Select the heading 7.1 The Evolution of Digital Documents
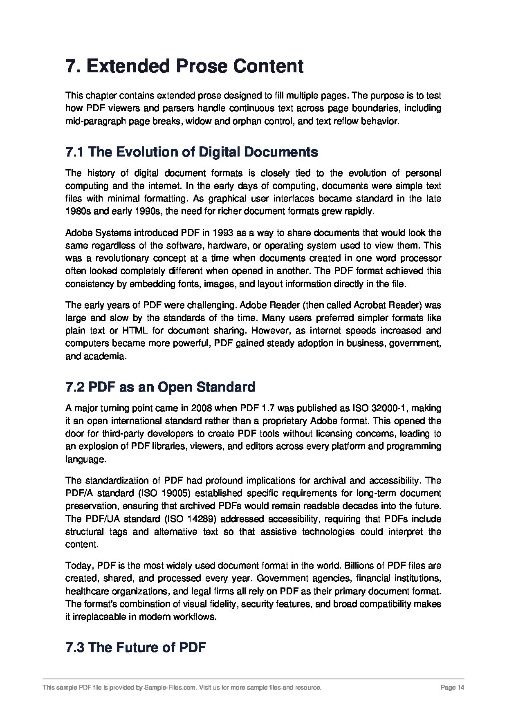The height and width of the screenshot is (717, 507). (x=191, y=152)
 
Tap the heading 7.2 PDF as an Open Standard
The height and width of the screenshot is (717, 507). (x=160, y=387)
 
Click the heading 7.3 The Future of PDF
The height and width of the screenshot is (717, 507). (x=135, y=648)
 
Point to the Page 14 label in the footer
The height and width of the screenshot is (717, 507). (x=453, y=688)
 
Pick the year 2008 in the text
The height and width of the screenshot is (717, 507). (x=202, y=408)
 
